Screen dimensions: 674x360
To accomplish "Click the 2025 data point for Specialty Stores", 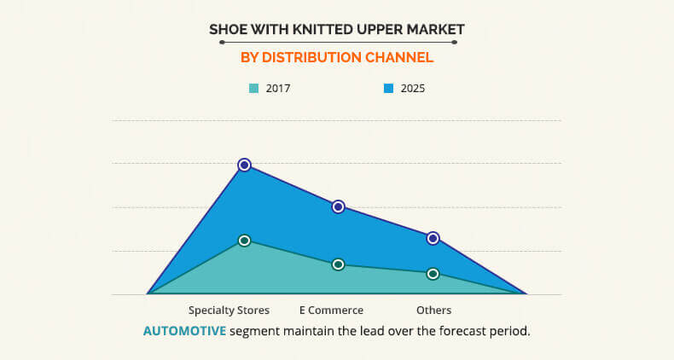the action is coord(244,165).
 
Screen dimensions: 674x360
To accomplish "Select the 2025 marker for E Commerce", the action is coord(339,206).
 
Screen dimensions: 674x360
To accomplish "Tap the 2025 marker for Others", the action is coord(433,238).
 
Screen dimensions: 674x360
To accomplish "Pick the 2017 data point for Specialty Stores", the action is coord(244,241).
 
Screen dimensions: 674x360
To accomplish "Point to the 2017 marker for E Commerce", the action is coord(339,264).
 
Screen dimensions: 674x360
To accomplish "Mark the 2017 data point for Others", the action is coord(433,274).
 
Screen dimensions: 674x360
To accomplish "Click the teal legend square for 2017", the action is coord(254,89).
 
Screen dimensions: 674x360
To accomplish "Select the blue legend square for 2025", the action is coord(388,89).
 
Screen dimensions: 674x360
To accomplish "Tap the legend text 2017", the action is coord(278,89).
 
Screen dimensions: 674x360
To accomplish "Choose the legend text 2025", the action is coord(413,89).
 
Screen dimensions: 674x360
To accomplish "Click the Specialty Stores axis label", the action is coord(229,311).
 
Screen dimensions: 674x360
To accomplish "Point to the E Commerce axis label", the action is coord(331,311).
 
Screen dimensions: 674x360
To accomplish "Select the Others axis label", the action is coord(433,311).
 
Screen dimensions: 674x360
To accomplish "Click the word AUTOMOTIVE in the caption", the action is coord(184,331).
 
